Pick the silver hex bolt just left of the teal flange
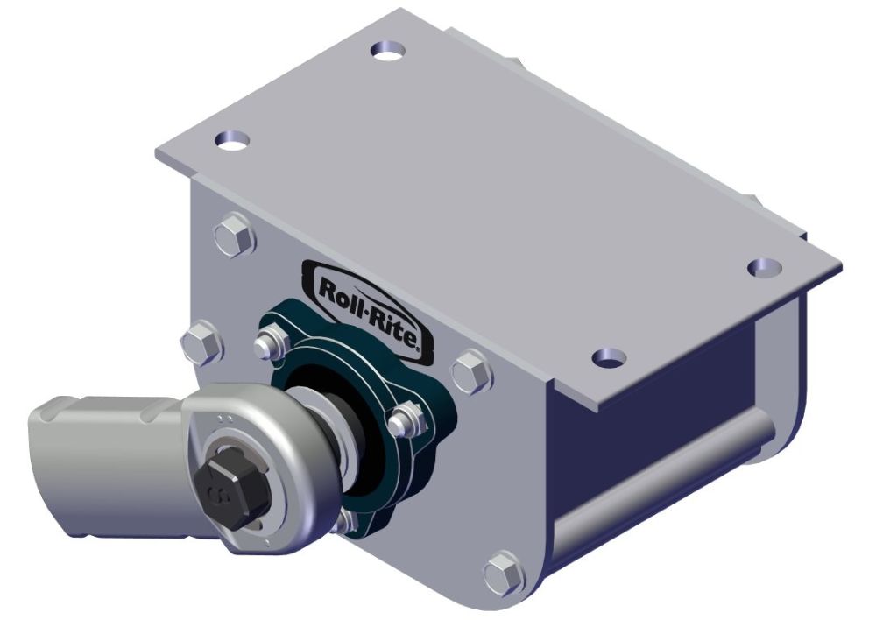(x=202, y=343)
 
